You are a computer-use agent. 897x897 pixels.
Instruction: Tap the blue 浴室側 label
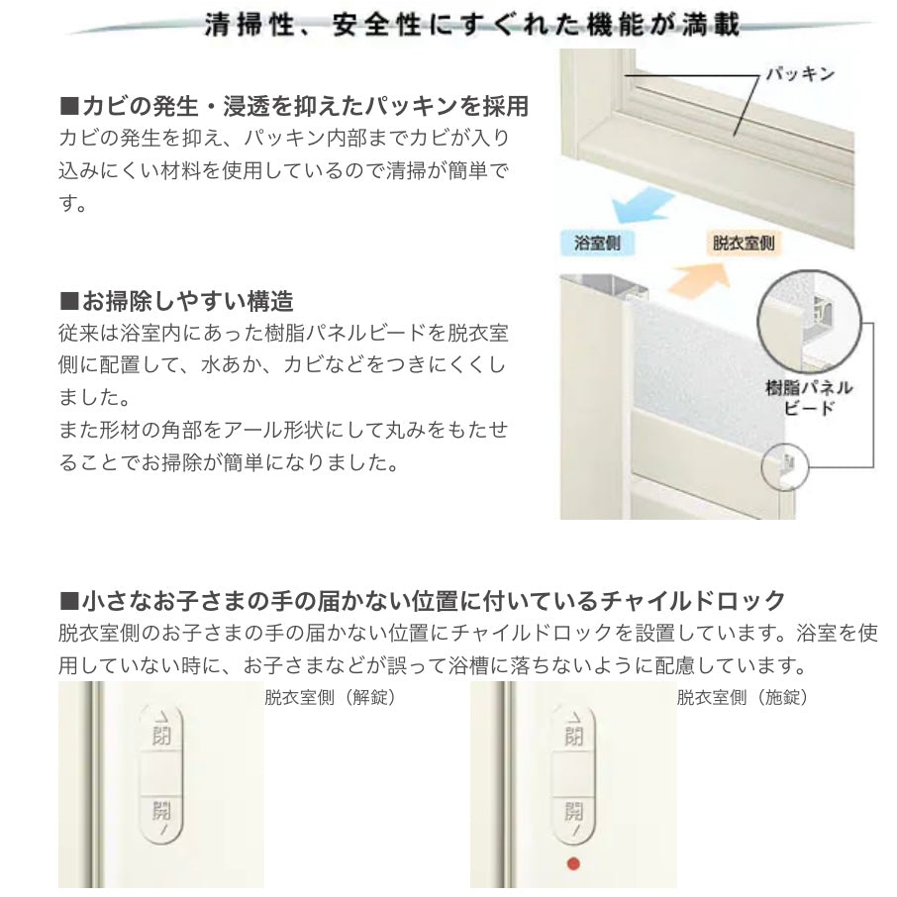click(x=597, y=244)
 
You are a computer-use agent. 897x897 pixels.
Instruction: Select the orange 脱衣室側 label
click(x=744, y=243)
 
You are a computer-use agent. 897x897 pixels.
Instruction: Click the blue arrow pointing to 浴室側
click(x=642, y=207)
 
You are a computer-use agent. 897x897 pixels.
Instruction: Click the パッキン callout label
click(x=800, y=74)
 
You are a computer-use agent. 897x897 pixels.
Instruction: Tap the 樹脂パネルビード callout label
click(x=809, y=398)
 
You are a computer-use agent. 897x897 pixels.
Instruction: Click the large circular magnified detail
click(x=809, y=323)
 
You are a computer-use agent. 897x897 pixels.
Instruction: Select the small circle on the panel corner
click(x=785, y=466)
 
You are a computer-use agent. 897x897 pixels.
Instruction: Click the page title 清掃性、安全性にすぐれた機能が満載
click(x=472, y=25)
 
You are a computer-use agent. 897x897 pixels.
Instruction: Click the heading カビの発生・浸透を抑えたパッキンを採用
click(x=294, y=106)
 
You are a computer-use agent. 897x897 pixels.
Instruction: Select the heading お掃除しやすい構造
click(x=177, y=301)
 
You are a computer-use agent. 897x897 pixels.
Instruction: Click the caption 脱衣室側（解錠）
click(x=330, y=697)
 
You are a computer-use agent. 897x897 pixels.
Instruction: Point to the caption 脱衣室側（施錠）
click(x=742, y=697)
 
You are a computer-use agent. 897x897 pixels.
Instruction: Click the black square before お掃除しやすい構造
click(x=68, y=301)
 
